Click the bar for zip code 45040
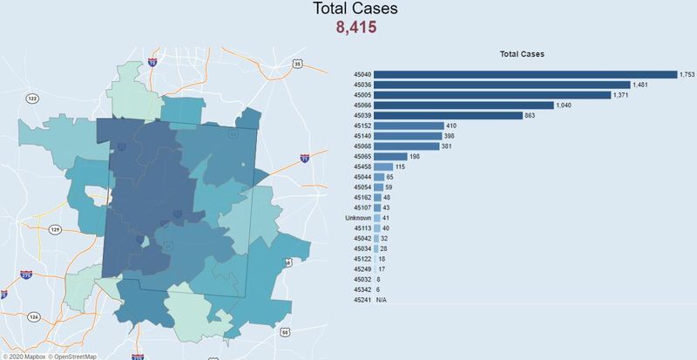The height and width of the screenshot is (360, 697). [525, 74]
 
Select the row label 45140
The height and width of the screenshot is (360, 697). [362, 136]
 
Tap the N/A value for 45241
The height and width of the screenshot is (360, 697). [381, 298]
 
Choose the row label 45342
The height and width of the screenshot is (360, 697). [362, 289]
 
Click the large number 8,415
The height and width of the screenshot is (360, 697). [355, 25]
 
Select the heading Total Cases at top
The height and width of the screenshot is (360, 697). [355, 8]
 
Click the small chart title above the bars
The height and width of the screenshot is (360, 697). [522, 54]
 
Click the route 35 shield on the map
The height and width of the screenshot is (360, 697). [297, 64]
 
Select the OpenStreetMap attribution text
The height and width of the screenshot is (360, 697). [75, 356]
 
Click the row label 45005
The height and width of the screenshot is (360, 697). [362, 95]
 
